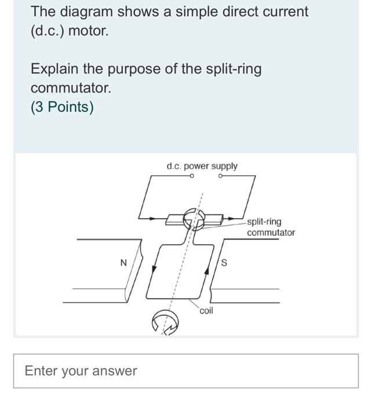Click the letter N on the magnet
123,263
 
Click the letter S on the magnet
224,263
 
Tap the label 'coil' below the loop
206,311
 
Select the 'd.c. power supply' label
202,166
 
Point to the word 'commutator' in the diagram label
271,233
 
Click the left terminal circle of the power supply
191,177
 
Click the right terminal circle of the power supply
221,177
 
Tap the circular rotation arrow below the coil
165,323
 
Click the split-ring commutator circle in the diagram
193,219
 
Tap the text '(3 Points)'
62,107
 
